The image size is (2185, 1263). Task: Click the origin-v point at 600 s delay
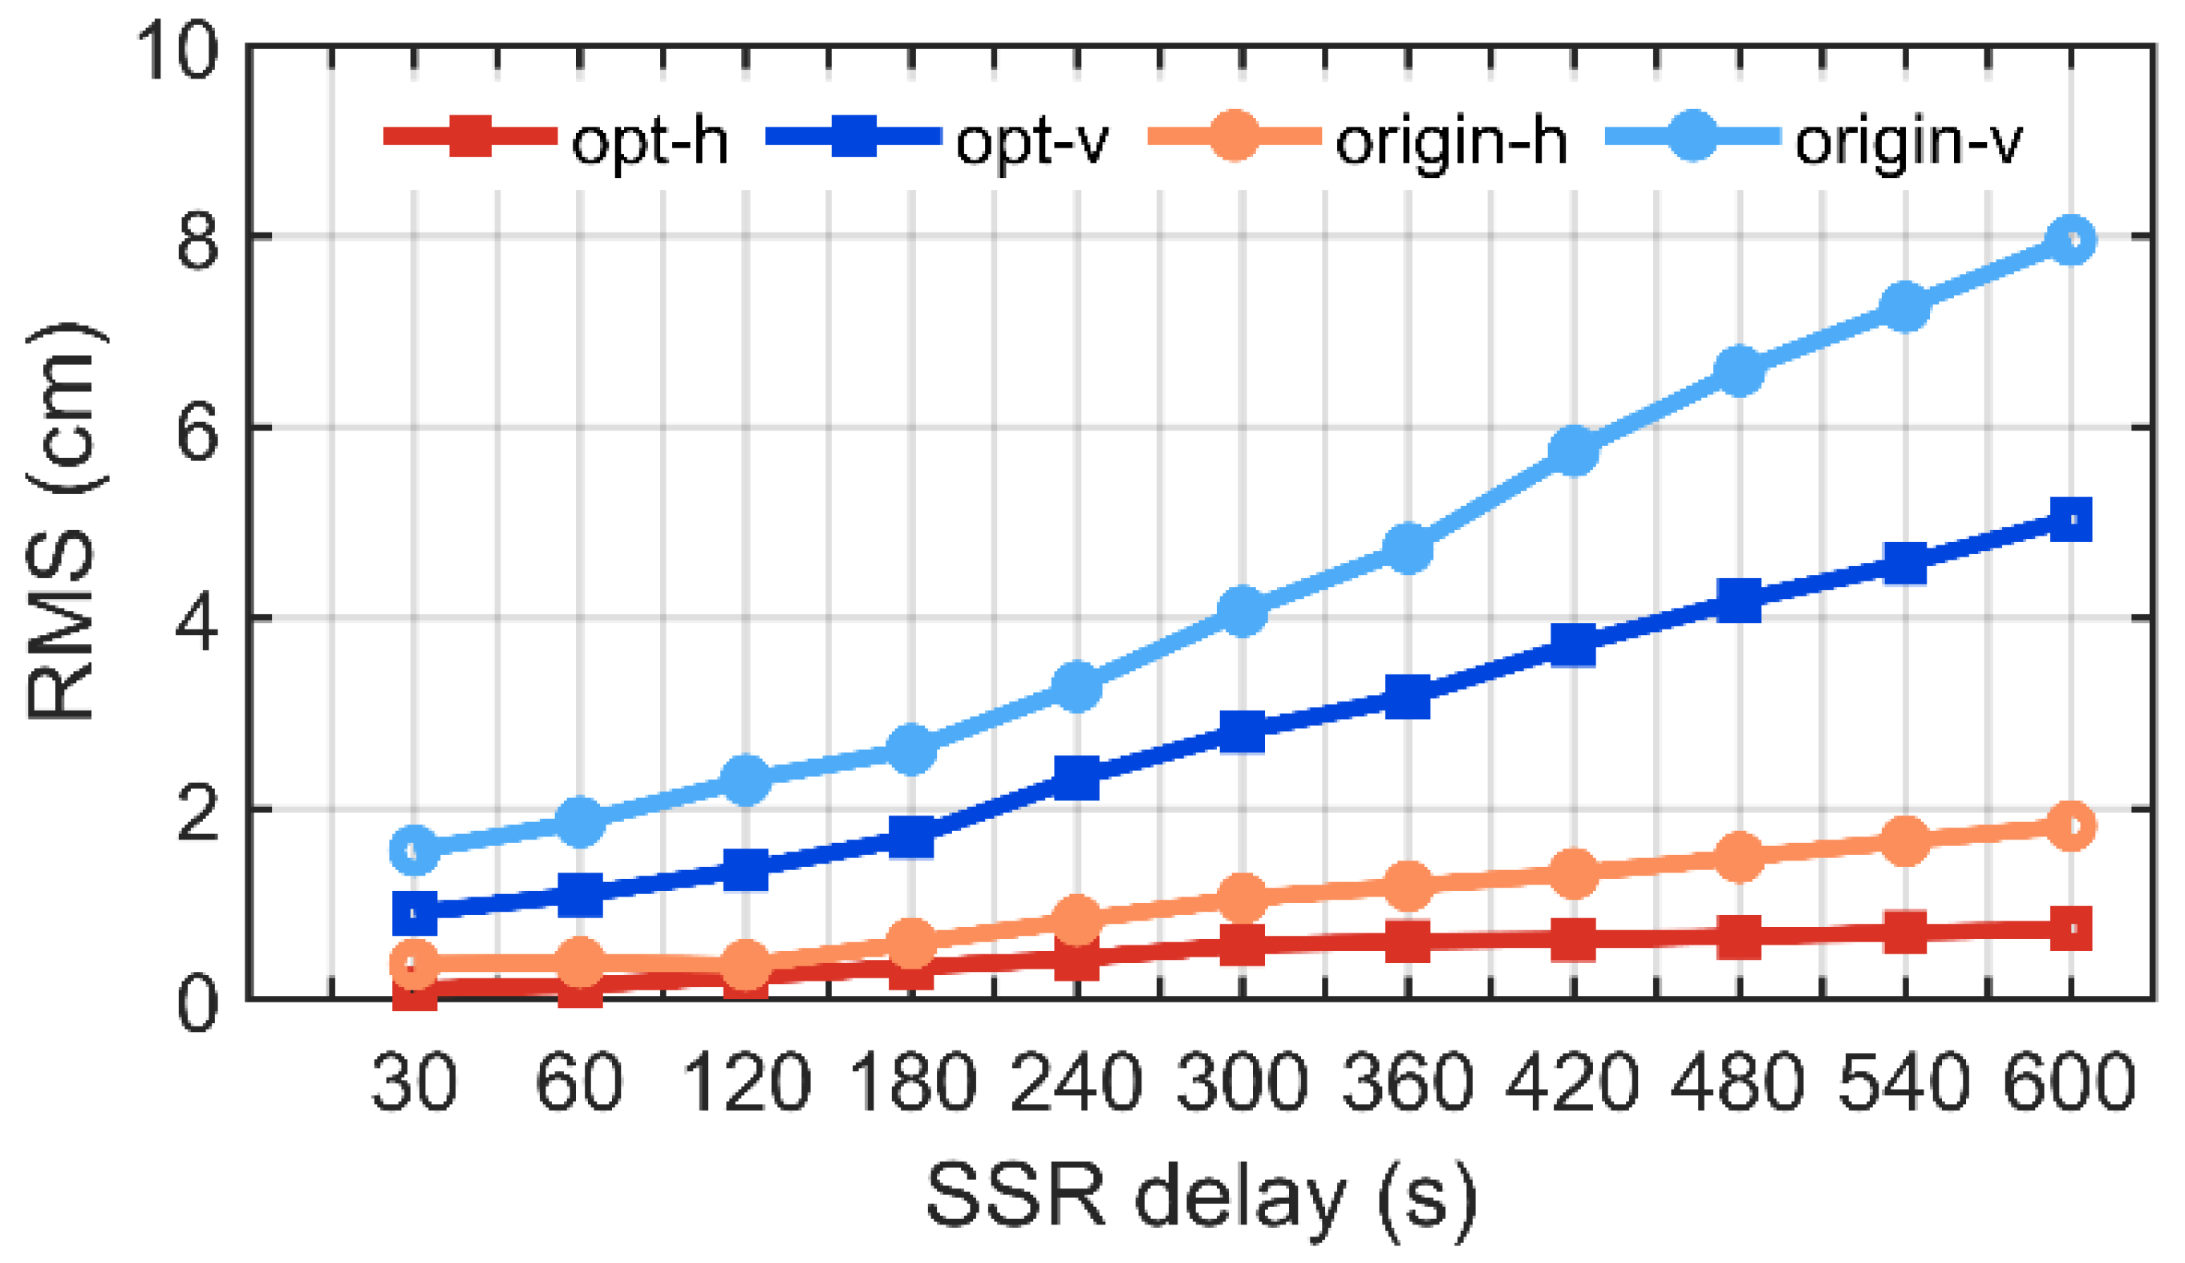tap(2070, 240)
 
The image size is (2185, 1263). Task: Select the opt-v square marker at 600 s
tap(2070, 520)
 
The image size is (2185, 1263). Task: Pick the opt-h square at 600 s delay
tap(2070, 929)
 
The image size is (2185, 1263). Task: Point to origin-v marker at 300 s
tap(1242, 609)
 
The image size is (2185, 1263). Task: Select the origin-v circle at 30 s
tap(415, 848)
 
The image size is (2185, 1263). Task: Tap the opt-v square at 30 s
tap(415, 912)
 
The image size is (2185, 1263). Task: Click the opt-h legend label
tap(650, 141)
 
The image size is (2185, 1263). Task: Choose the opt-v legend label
tap(1032, 141)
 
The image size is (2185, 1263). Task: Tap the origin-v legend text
tap(1907, 141)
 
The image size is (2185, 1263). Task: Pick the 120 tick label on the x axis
tap(747, 1083)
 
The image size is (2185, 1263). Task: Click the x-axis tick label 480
tap(1739, 1083)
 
